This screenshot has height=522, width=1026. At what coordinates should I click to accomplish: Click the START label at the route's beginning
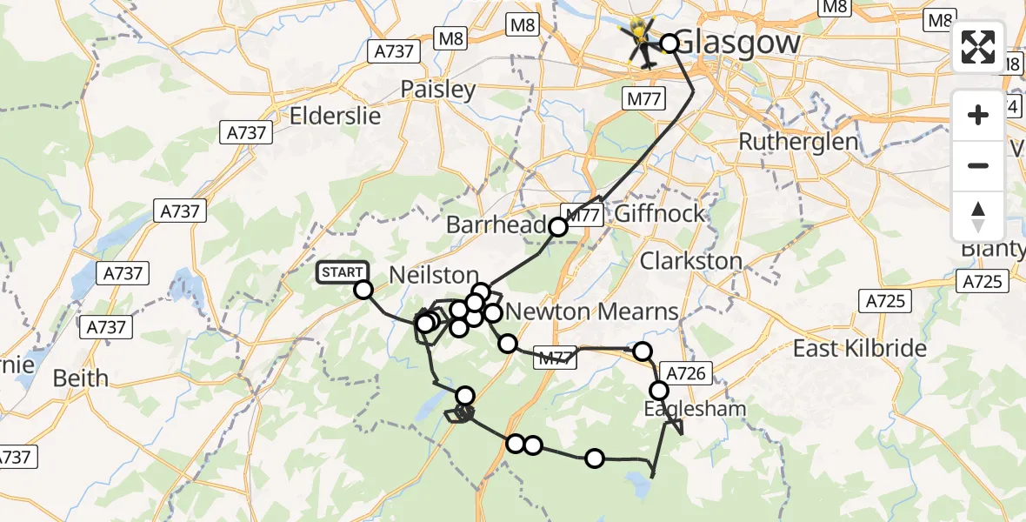(x=343, y=272)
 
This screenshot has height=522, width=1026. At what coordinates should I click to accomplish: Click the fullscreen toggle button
(x=978, y=47)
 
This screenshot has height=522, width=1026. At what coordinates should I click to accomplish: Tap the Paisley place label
(x=438, y=90)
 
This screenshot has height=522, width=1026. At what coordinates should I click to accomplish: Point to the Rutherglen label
(x=797, y=141)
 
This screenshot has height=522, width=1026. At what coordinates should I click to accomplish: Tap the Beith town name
(x=81, y=378)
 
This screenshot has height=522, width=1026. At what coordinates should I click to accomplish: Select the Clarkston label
(x=691, y=260)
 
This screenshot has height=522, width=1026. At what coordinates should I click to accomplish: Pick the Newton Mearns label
(x=591, y=311)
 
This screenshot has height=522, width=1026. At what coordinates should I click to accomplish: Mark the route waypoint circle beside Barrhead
(x=558, y=227)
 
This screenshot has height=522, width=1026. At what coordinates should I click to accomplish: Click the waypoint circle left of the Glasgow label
(x=670, y=43)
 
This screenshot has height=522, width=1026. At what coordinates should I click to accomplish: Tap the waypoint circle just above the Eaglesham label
(x=659, y=391)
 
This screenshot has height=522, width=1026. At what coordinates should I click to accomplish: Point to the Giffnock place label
(x=660, y=214)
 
